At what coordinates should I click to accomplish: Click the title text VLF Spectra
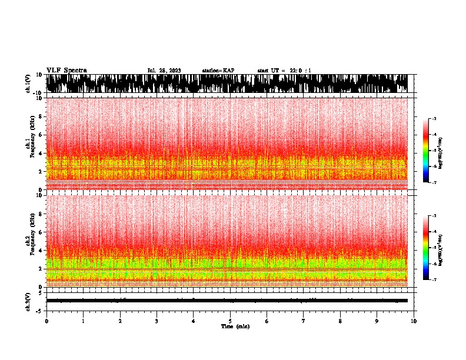(x=66, y=71)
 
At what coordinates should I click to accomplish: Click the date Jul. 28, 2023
(x=164, y=71)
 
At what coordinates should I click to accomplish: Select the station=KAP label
(x=218, y=71)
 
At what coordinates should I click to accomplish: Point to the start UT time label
(x=284, y=71)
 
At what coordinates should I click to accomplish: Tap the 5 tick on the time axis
(x=230, y=321)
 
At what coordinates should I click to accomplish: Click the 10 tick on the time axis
(x=414, y=321)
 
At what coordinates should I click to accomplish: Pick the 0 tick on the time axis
(x=46, y=321)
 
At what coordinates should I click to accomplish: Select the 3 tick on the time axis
(x=157, y=321)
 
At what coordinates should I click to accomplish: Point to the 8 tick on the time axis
(x=340, y=321)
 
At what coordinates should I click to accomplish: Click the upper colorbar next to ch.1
(x=425, y=151)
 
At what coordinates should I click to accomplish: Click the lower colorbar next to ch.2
(x=425, y=248)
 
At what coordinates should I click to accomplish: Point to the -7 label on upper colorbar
(x=434, y=182)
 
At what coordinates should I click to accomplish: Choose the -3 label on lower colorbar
(x=434, y=216)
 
